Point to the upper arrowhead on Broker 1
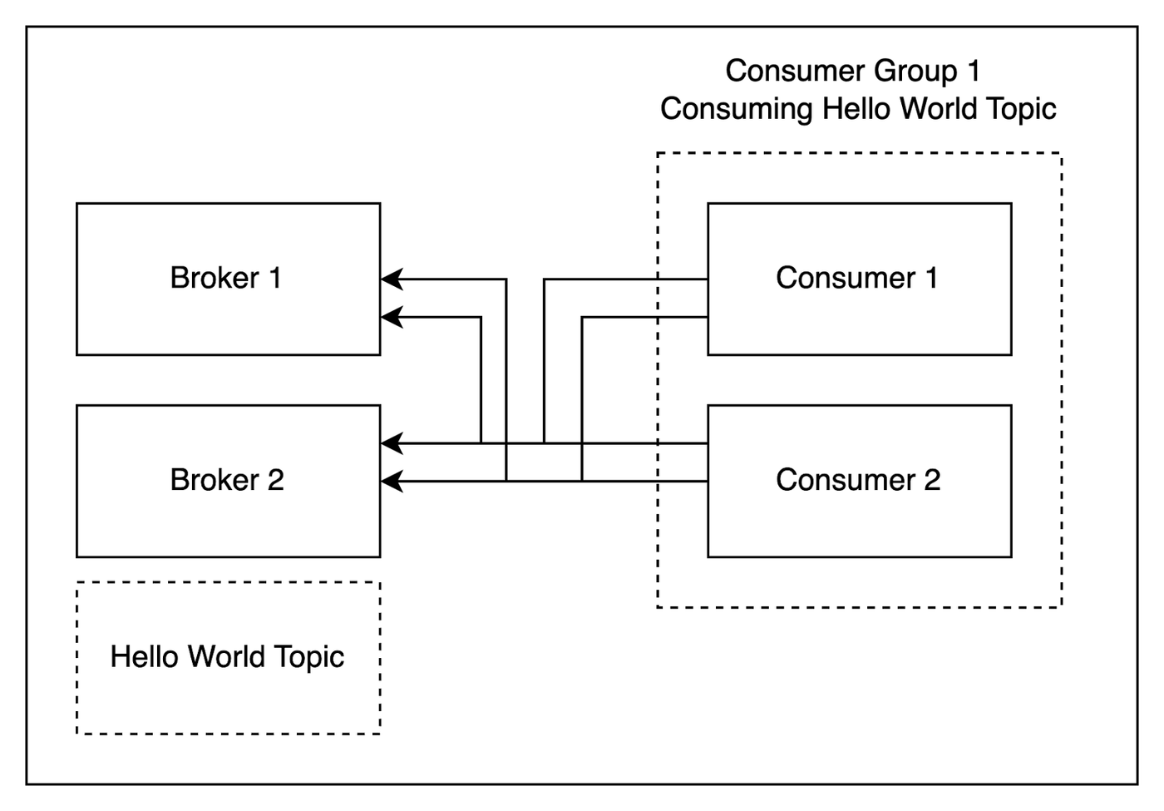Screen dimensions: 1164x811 point(392,279)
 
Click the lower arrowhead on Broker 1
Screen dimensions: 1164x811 point(392,317)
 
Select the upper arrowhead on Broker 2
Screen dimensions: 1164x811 point(392,443)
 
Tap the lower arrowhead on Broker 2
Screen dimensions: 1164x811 point(392,482)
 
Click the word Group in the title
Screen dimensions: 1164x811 point(915,72)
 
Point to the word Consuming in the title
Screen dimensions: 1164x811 point(737,110)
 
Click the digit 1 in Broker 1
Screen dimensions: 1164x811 point(275,278)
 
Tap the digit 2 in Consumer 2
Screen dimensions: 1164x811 point(932,480)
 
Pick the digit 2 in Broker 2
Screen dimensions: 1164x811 point(275,480)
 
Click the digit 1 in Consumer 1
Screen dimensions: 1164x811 point(932,278)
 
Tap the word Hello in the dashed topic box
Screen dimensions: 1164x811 point(145,656)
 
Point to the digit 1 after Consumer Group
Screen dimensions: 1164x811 point(974,71)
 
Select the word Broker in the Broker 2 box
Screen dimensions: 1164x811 point(215,480)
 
